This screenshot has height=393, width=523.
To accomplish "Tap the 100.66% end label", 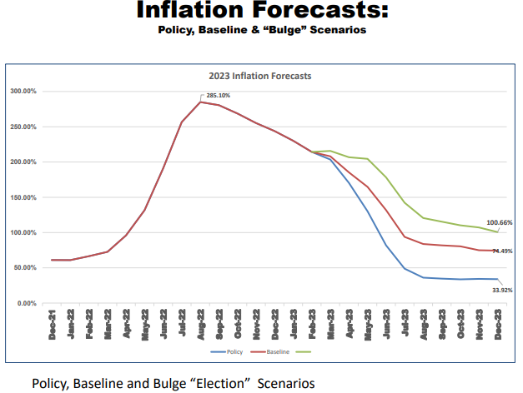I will point(500,223).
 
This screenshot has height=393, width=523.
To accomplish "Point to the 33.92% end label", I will point(501,290).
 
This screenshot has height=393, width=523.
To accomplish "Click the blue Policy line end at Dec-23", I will point(498,280).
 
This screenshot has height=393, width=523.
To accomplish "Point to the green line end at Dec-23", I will point(498,231).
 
